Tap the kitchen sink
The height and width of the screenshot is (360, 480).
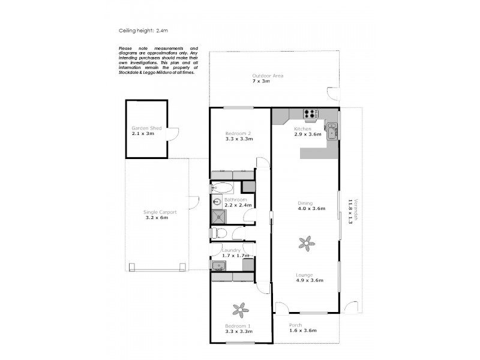(331, 128)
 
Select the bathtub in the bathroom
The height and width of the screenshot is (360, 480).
(223, 187)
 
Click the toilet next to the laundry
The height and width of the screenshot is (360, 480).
(220, 233)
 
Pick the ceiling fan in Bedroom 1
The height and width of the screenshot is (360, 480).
(241, 310)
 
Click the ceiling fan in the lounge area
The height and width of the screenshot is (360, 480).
(306, 243)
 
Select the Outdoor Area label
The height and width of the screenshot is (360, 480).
(268, 76)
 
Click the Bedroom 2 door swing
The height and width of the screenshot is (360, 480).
(262, 163)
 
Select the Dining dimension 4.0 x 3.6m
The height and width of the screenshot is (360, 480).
(311, 209)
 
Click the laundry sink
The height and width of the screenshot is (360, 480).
(217, 266)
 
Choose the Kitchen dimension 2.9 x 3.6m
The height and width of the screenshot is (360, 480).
(307, 134)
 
